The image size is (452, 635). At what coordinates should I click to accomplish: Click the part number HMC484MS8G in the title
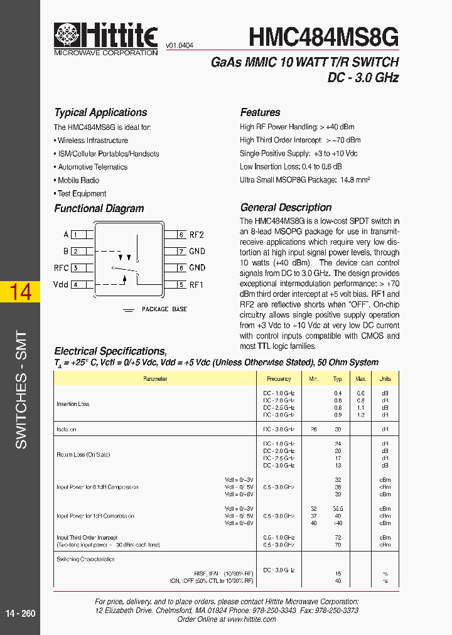click(x=323, y=37)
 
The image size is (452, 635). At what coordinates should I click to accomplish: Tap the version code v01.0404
click(x=180, y=46)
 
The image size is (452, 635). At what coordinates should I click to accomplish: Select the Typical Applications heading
click(x=100, y=113)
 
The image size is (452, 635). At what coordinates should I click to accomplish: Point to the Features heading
click(x=260, y=113)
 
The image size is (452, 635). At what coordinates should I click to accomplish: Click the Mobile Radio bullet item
click(x=78, y=180)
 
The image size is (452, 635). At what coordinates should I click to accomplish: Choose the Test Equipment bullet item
click(x=82, y=194)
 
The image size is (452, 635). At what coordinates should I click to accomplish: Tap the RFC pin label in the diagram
click(x=61, y=268)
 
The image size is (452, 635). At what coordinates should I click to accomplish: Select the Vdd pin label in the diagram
click(x=61, y=284)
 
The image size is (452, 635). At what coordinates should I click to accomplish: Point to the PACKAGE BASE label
click(x=164, y=309)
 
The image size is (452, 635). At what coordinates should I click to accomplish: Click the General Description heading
click(x=286, y=208)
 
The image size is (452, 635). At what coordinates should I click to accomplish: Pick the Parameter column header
click(x=155, y=379)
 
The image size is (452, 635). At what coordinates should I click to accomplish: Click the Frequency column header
click(x=279, y=379)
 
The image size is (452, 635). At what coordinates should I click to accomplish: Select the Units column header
click(x=385, y=379)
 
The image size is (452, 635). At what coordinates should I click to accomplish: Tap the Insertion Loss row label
click(x=73, y=404)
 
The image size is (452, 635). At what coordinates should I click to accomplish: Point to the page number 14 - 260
click(x=21, y=613)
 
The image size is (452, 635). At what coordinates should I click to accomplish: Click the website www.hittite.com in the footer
click(x=252, y=619)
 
